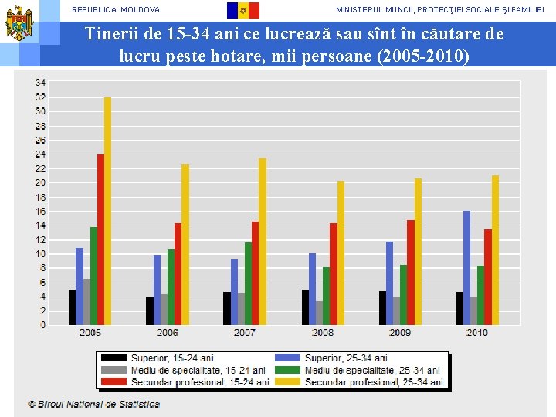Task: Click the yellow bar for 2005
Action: coord(107,211)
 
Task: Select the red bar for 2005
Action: coord(100,239)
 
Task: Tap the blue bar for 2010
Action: coord(466,268)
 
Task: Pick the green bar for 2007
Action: coord(248,283)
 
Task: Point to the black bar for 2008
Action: coord(305,307)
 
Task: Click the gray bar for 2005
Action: coord(86,302)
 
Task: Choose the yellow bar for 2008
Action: coord(341,253)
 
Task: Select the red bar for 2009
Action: coord(411,273)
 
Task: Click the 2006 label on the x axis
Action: coord(168,333)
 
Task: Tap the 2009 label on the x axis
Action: coord(400,333)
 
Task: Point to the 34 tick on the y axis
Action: coord(40,83)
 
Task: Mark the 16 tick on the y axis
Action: coord(40,212)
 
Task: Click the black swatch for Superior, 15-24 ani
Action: coord(114,358)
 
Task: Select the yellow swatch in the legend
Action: coord(287,382)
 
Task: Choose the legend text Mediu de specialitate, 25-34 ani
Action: coord(372,370)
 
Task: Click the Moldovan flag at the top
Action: coord(243,10)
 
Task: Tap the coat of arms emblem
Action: coord(19,23)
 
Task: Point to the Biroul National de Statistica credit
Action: coord(94,404)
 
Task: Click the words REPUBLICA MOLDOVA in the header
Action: coord(116,10)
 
